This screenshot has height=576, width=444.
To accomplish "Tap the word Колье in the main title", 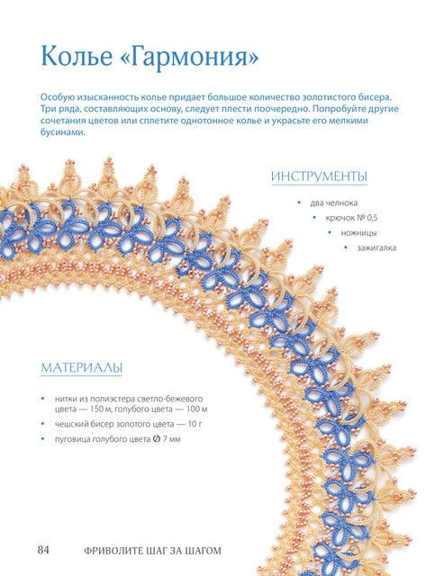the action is (77, 56).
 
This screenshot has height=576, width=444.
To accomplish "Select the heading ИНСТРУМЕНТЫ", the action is (319, 176).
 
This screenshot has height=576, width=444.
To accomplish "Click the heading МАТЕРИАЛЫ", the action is (81, 367).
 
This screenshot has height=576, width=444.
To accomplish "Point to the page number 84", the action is (43, 550).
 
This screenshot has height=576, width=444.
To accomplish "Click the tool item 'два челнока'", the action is (333, 203).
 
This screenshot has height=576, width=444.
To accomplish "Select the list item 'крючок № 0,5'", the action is (351, 218).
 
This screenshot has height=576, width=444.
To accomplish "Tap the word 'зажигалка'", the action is (376, 248).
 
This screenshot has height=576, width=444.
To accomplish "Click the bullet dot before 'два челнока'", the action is (299, 202).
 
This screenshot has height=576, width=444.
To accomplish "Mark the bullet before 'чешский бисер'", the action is (43, 424).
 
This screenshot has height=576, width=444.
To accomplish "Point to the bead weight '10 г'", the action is (195, 424).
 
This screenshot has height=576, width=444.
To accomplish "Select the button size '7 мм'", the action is (171, 439).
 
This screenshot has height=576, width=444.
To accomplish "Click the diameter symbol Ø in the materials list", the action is (156, 438).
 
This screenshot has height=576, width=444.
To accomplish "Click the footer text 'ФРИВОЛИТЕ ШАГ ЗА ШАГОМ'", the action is (152, 551).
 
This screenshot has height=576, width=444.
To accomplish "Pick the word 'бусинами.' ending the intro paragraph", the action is (63, 132).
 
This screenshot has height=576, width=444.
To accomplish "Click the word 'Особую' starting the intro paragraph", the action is (57, 98).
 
